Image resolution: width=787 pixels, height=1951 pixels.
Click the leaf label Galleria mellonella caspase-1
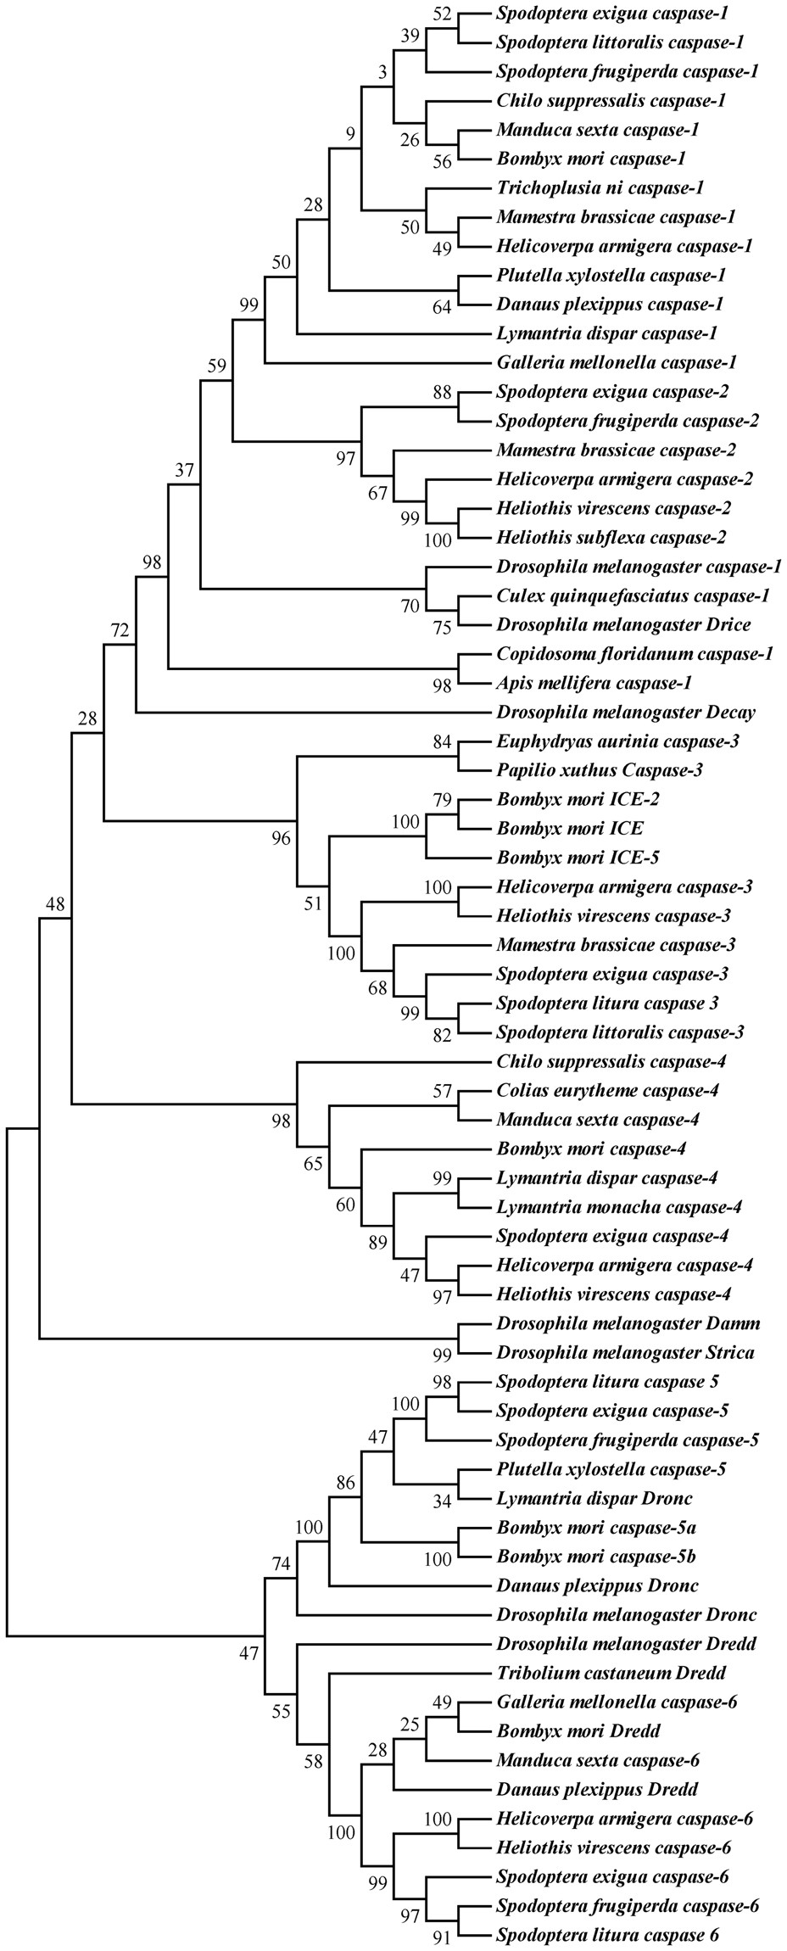(616, 363)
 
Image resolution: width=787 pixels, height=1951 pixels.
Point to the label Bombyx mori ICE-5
(578, 858)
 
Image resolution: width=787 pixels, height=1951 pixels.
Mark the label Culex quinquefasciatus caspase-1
(632, 595)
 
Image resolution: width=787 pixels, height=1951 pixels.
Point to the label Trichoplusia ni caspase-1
(600, 187)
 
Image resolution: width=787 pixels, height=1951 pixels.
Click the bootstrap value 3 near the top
(382, 74)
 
